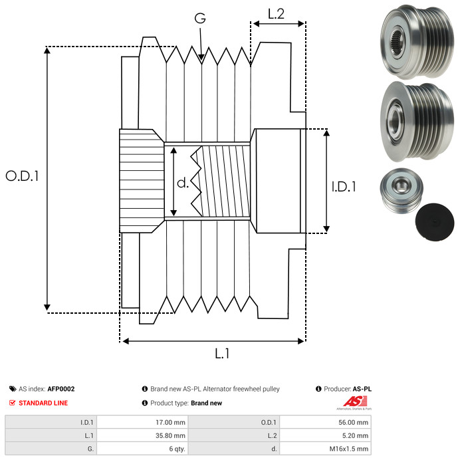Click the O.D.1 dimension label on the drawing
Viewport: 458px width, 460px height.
pos(23,176)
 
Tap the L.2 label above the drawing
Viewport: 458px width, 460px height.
pos(276,14)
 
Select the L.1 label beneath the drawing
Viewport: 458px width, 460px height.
pos(221,354)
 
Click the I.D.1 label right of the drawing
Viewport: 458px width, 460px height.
pos(344,187)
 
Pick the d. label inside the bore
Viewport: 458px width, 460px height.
pos(183,183)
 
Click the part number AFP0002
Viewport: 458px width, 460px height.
pos(61,389)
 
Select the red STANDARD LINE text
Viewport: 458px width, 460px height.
pos(43,403)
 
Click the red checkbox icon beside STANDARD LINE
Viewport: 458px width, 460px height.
pos(13,403)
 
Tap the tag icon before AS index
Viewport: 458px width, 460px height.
pos(13,389)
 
